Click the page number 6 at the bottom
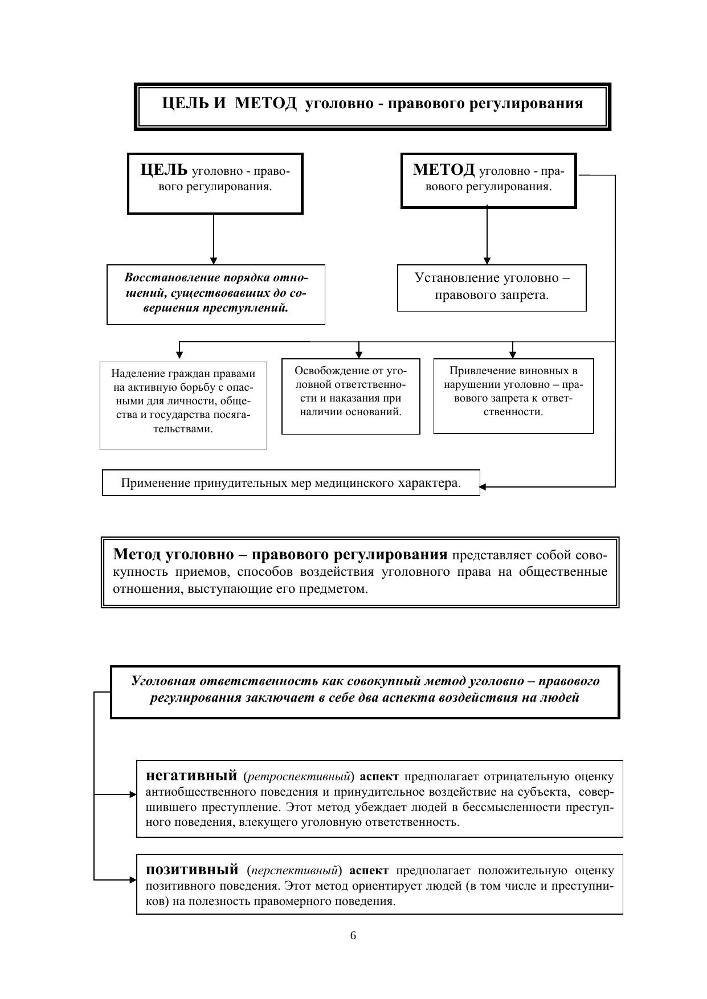coord(353,936)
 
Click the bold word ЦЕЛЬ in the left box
coord(164,170)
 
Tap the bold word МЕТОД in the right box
coord(444,170)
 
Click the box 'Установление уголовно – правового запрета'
coord(492,287)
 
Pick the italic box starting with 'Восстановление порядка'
coord(216,294)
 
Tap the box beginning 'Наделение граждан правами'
coord(183,404)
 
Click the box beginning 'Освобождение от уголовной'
coord(350,396)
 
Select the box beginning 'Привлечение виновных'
coord(513,395)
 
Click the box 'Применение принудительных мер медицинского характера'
coord(291,483)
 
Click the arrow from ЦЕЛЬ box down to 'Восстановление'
coord(214,239)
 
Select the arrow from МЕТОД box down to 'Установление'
coord(487,235)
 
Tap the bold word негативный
coord(191,776)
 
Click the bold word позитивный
coord(192,870)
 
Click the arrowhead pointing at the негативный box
coord(133,794)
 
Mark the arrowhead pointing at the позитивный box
coord(133,880)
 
